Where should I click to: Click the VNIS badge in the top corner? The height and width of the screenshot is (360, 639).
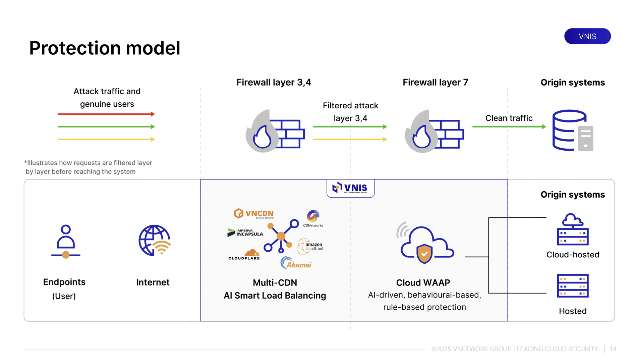[587, 36]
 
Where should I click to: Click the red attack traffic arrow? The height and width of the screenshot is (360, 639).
[106, 114]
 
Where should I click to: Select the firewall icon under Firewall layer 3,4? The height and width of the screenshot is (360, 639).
[275, 131]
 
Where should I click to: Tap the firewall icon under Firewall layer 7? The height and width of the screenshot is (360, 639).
[434, 131]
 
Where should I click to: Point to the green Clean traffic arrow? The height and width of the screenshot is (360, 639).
[509, 127]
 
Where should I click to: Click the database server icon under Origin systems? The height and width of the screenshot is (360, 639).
[573, 131]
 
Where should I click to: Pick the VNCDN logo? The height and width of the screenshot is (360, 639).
[254, 214]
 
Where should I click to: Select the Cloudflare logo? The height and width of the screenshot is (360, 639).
[244, 255]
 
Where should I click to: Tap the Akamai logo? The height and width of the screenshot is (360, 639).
[296, 263]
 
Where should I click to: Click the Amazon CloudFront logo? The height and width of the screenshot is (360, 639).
[310, 247]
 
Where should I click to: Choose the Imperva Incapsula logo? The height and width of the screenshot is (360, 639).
[245, 233]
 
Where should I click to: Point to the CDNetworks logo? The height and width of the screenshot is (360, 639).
[313, 219]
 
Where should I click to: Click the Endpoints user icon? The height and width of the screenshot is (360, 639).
[66, 242]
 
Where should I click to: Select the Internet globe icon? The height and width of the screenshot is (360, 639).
[155, 241]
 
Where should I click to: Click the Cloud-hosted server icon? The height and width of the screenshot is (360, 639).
[573, 229]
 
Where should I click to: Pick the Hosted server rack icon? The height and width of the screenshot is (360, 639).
[573, 286]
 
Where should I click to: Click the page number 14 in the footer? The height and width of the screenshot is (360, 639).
[613, 349]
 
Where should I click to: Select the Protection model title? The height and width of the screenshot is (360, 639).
[105, 48]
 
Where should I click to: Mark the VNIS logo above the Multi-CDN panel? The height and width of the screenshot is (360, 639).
[350, 188]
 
